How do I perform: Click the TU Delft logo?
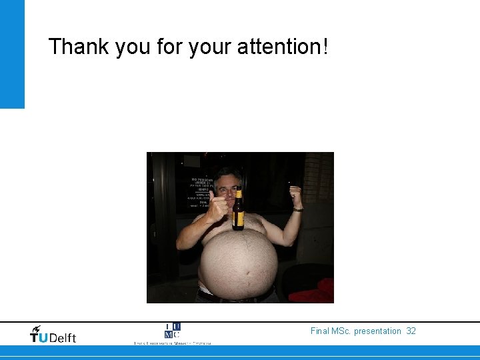coord(53,335)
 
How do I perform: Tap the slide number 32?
coord(411,331)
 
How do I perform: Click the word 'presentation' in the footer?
coord(378,331)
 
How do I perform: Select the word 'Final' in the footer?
coord(320,331)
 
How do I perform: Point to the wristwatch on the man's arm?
coord(297,209)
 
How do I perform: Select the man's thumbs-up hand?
coord(219,204)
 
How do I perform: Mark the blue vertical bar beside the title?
coord(12,54)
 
